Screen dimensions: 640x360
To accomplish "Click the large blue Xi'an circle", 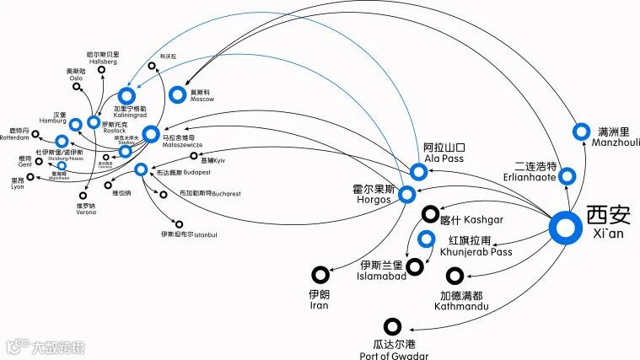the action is tap(564, 228).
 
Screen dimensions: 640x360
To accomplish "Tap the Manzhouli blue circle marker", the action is tap(581, 132).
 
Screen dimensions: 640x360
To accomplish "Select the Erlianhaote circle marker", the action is tap(567, 176).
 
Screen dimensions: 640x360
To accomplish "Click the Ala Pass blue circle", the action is tap(419, 172).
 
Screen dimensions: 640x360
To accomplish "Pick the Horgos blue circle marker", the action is tap(407, 196).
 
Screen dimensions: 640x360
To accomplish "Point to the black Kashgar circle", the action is tap(431, 215).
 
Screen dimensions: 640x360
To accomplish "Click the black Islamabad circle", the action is tap(415, 266).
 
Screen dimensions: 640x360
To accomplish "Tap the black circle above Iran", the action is tap(320, 274).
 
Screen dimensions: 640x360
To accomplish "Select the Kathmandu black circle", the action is tap(454, 276).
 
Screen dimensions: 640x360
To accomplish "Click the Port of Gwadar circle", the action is tap(392, 326).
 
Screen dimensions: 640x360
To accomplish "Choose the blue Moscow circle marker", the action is tap(177, 94).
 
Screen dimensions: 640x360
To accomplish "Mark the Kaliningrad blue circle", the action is tap(127, 94).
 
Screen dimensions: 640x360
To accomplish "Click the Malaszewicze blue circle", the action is tap(150, 133).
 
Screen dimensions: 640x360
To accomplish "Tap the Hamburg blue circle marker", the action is tap(76, 125).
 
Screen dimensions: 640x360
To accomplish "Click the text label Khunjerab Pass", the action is tap(476, 252).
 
